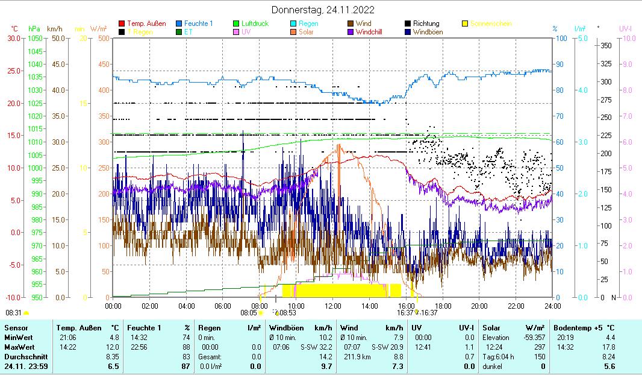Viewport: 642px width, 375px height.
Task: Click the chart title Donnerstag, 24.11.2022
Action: (323, 10)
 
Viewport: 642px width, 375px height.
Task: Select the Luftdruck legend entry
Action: (251, 24)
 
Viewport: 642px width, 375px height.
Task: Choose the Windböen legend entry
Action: (430, 32)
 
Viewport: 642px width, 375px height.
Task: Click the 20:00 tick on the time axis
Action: (479, 306)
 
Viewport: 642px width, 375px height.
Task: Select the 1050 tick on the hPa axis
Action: (36, 38)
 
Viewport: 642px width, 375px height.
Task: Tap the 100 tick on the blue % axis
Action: (560, 38)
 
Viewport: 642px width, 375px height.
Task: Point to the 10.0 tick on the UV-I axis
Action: (628, 38)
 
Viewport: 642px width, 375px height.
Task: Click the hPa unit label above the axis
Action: (34, 29)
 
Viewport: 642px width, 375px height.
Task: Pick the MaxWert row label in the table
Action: (19, 347)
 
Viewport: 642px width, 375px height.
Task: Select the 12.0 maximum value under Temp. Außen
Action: (111, 347)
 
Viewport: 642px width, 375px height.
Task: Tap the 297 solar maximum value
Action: (539, 347)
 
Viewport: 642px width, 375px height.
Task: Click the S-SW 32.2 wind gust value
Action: (316, 347)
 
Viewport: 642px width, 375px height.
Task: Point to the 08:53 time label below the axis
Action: (287, 313)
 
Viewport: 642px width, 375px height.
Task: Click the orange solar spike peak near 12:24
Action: (339, 145)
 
